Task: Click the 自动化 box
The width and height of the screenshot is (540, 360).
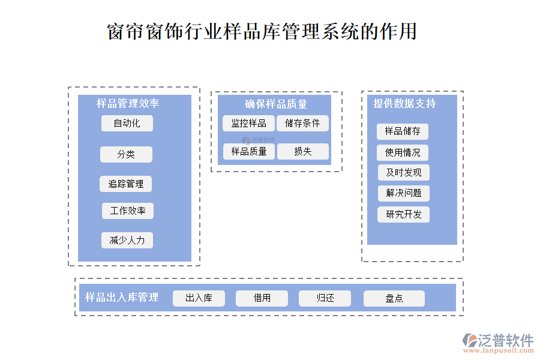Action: click(127, 124)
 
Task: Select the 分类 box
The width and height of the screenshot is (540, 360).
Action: click(126, 155)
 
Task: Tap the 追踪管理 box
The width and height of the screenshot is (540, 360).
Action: click(126, 184)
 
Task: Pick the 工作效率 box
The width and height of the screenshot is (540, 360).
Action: click(128, 211)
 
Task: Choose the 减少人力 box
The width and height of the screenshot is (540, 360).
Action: click(127, 241)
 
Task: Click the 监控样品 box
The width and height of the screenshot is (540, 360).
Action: click(248, 124)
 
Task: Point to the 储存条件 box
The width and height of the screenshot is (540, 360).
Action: click(302, 124)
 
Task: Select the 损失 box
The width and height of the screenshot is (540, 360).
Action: click(302, 152)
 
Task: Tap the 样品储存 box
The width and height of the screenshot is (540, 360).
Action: click(403, 131)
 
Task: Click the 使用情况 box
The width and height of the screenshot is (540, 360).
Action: click(403, 152)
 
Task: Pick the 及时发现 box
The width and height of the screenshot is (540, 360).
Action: click(403, 173)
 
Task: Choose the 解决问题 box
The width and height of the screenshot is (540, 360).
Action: click(403, 193)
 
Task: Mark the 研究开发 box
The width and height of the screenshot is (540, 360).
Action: click(403, 214)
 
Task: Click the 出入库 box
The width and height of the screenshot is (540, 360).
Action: click(199, 298)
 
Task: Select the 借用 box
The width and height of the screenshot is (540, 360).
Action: click(262, 298)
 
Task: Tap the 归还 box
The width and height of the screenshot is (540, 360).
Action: click(325, 298)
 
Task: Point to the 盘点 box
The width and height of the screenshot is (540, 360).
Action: click(394, 298)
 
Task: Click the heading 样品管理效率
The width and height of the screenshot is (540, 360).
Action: click(128, 104)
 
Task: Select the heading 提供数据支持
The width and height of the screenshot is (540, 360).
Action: click(404, 103)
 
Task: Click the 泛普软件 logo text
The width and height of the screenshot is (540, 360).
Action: click(505, 340)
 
